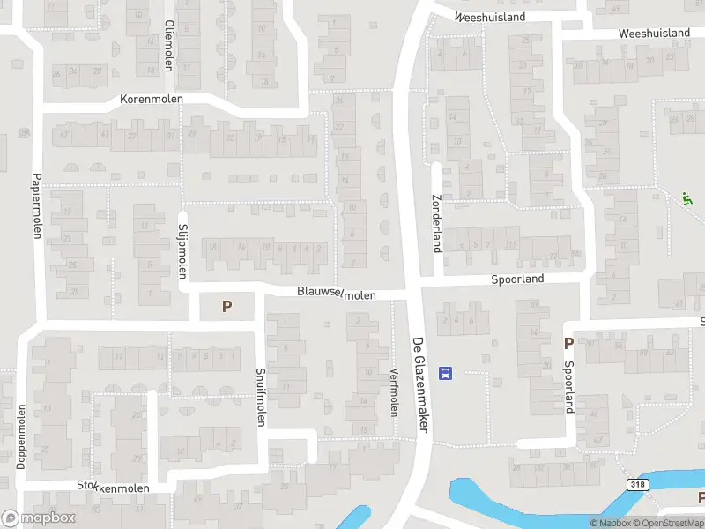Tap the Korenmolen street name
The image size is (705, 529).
tap(152, 100)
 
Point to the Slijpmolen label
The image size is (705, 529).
tap(183, 248)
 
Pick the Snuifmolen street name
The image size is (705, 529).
tap(260, 397)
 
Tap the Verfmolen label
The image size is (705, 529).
tap(394, 392)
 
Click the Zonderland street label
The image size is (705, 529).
tap(435, 222)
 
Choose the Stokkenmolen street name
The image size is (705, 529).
tap(114, 487)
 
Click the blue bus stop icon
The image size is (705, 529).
tap(445, 373)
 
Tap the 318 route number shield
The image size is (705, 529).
tap(637, 485)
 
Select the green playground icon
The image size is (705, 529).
tap(686, 197)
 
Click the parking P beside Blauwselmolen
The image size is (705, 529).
tap(226, 307)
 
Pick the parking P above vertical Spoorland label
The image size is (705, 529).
tap(568, 343)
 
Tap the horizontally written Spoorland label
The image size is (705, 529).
tap(517, 279)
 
